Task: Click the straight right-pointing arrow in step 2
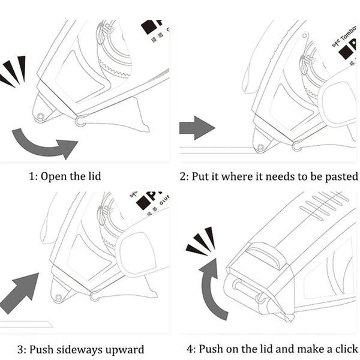tap(197, 128)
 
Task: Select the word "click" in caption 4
tap(345, 349)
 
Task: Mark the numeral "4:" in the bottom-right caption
tap(190, 349)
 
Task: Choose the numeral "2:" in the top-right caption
tap(185, 177)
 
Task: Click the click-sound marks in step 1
tap(14, 72)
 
